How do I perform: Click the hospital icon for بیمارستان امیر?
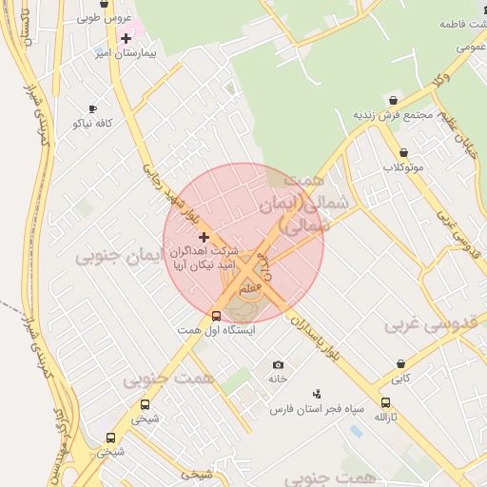click(126, 38)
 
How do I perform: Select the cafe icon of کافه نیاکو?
click(92, 109)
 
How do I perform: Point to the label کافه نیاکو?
click(92, 124)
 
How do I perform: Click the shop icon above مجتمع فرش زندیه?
click(394, 100)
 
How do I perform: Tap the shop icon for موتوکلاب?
click(403, 152)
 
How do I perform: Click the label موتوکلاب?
click(403, 167)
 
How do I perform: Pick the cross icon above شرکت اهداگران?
click(204, 236)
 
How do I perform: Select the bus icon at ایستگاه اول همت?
click(216, 317)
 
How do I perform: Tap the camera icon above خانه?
click(278, 365)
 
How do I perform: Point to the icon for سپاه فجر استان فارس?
click(317, 394)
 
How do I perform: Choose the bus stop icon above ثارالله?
click(384, 402)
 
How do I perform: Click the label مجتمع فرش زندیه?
click(393, 115)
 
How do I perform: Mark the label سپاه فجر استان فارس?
click(317, 409)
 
